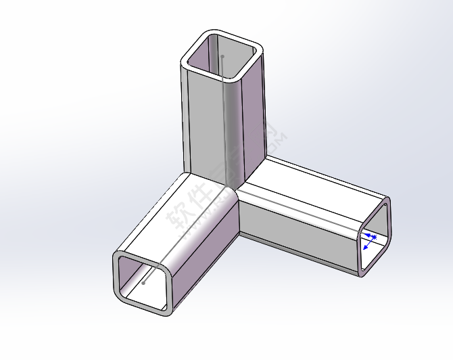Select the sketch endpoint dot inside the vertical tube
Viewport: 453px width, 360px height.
pos(222,57)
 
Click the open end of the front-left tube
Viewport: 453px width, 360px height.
pos(143,282)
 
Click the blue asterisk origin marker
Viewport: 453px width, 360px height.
pos(374,237)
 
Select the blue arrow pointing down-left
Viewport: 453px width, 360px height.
pos(368,246)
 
